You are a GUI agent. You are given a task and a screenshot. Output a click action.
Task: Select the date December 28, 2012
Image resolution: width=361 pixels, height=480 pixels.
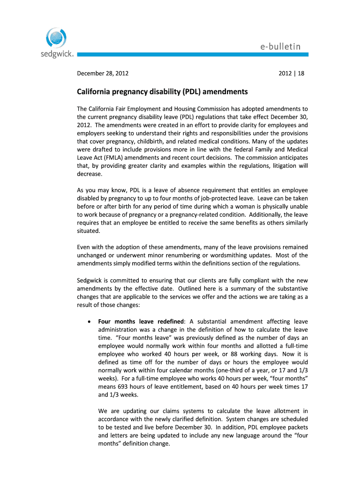click(x=103, y=73)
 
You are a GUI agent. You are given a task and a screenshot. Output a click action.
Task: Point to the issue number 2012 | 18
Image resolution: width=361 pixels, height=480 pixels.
click(x=291, y=73)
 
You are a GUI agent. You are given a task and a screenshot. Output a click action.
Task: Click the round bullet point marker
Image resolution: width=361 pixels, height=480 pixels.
click(x=89, y=322)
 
